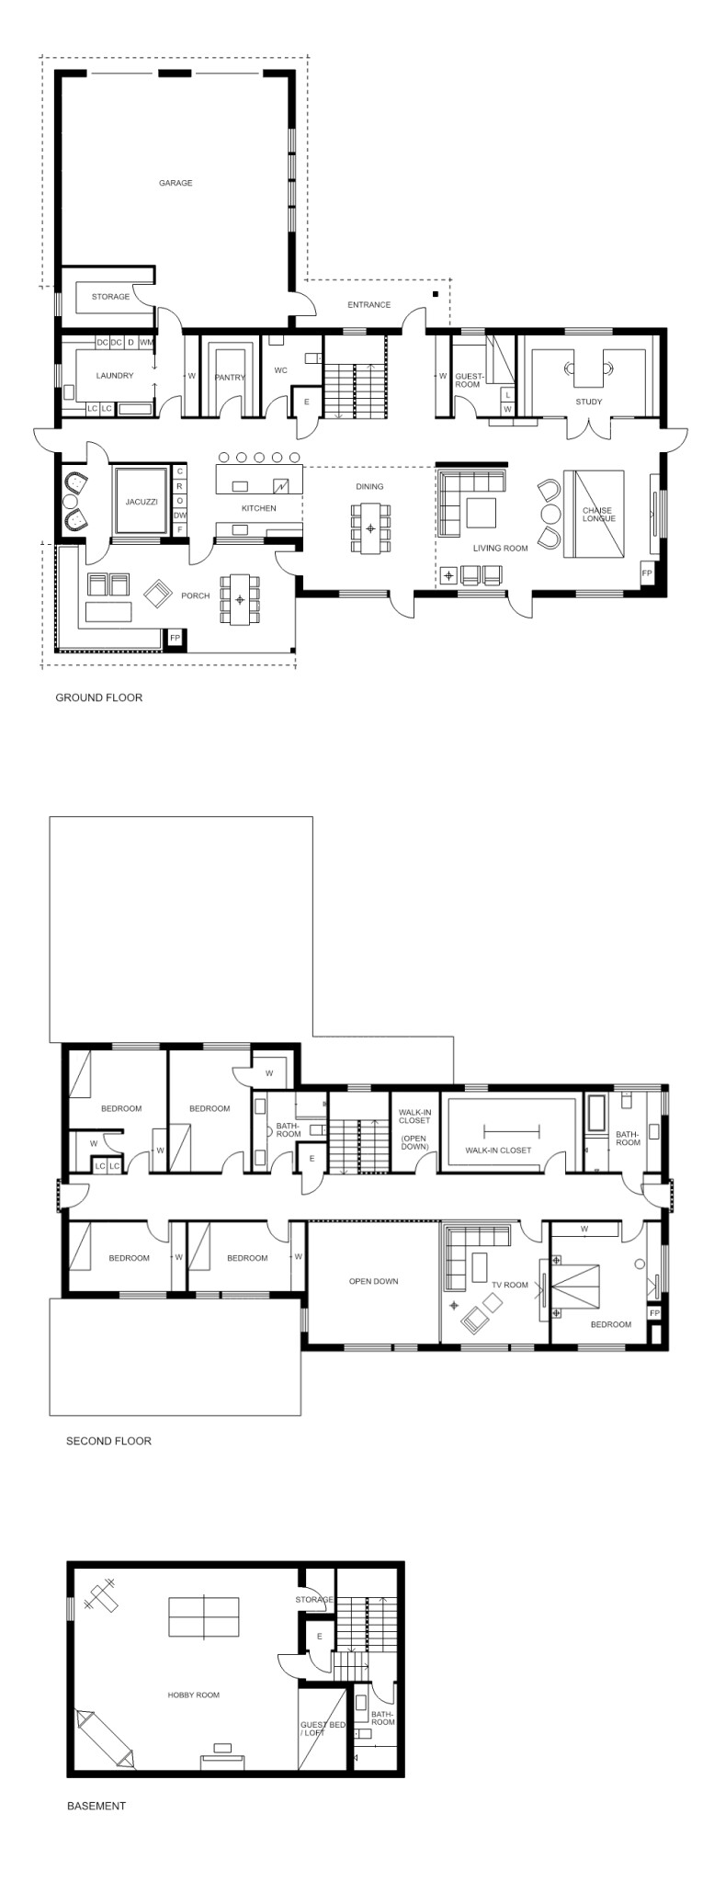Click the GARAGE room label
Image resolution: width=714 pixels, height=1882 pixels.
point(176,183)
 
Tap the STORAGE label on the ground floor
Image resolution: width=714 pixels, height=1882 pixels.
point(110,297)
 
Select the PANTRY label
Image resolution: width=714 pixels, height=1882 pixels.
point(230,377)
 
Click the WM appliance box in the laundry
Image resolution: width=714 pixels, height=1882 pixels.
point(146,343)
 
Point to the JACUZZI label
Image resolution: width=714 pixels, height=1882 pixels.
point(142,502)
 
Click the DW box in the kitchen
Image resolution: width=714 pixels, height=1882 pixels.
point(180,515)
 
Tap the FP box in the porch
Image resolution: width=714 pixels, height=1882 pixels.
point(175,638)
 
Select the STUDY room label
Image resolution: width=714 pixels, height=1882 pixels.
point(589,402)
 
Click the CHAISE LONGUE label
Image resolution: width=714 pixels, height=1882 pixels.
point(597,515)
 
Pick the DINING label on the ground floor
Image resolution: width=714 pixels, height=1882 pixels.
point(369,486)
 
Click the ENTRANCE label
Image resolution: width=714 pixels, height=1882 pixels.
point(368,305)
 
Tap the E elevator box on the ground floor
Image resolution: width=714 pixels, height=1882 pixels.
point(306,402)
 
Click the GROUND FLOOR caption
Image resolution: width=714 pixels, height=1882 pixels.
point(99,697)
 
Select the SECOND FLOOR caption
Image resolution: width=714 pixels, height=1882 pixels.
point(108,1441)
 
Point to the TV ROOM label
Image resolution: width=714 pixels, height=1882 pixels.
point(510,1285)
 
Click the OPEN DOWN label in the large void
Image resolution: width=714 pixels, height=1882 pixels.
point(373,1281)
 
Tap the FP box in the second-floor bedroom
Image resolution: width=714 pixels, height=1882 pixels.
point(654,1313)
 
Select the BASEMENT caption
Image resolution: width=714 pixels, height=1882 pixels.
point(96,1806)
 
